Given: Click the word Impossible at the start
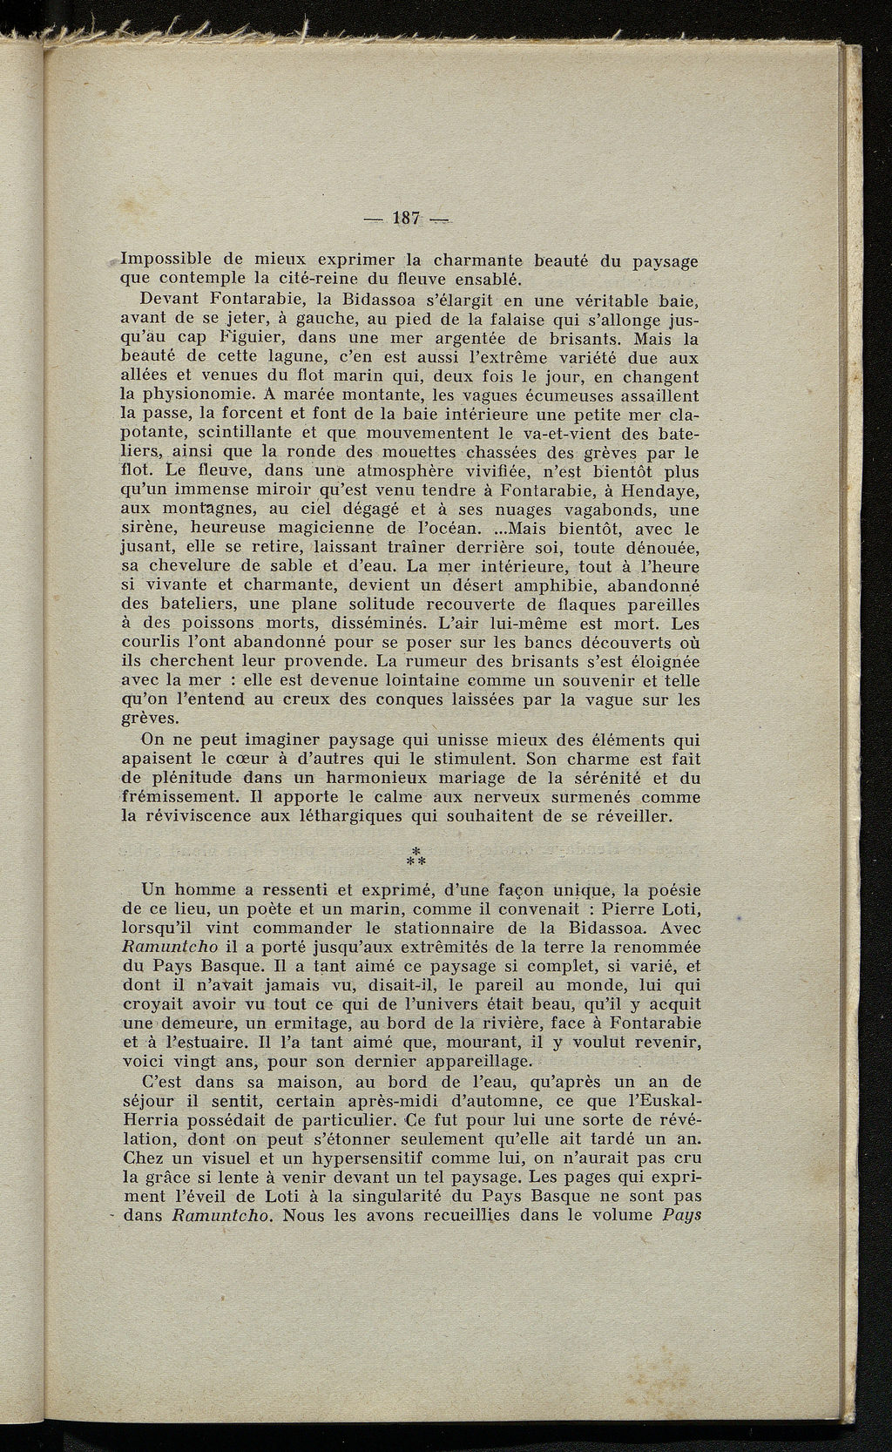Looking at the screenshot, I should click(x=163, y=260).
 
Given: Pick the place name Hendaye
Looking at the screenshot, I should click(x=661, y=491).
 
